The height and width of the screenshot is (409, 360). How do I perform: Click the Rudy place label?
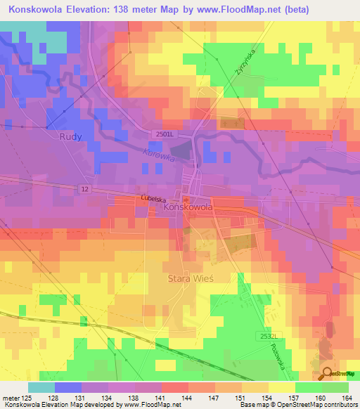[72, 137]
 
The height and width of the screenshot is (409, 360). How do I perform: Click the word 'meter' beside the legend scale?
[11, 398]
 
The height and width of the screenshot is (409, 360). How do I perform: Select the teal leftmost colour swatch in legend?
[41, 387]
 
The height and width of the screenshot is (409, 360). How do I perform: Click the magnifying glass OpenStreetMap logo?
[327, 373]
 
